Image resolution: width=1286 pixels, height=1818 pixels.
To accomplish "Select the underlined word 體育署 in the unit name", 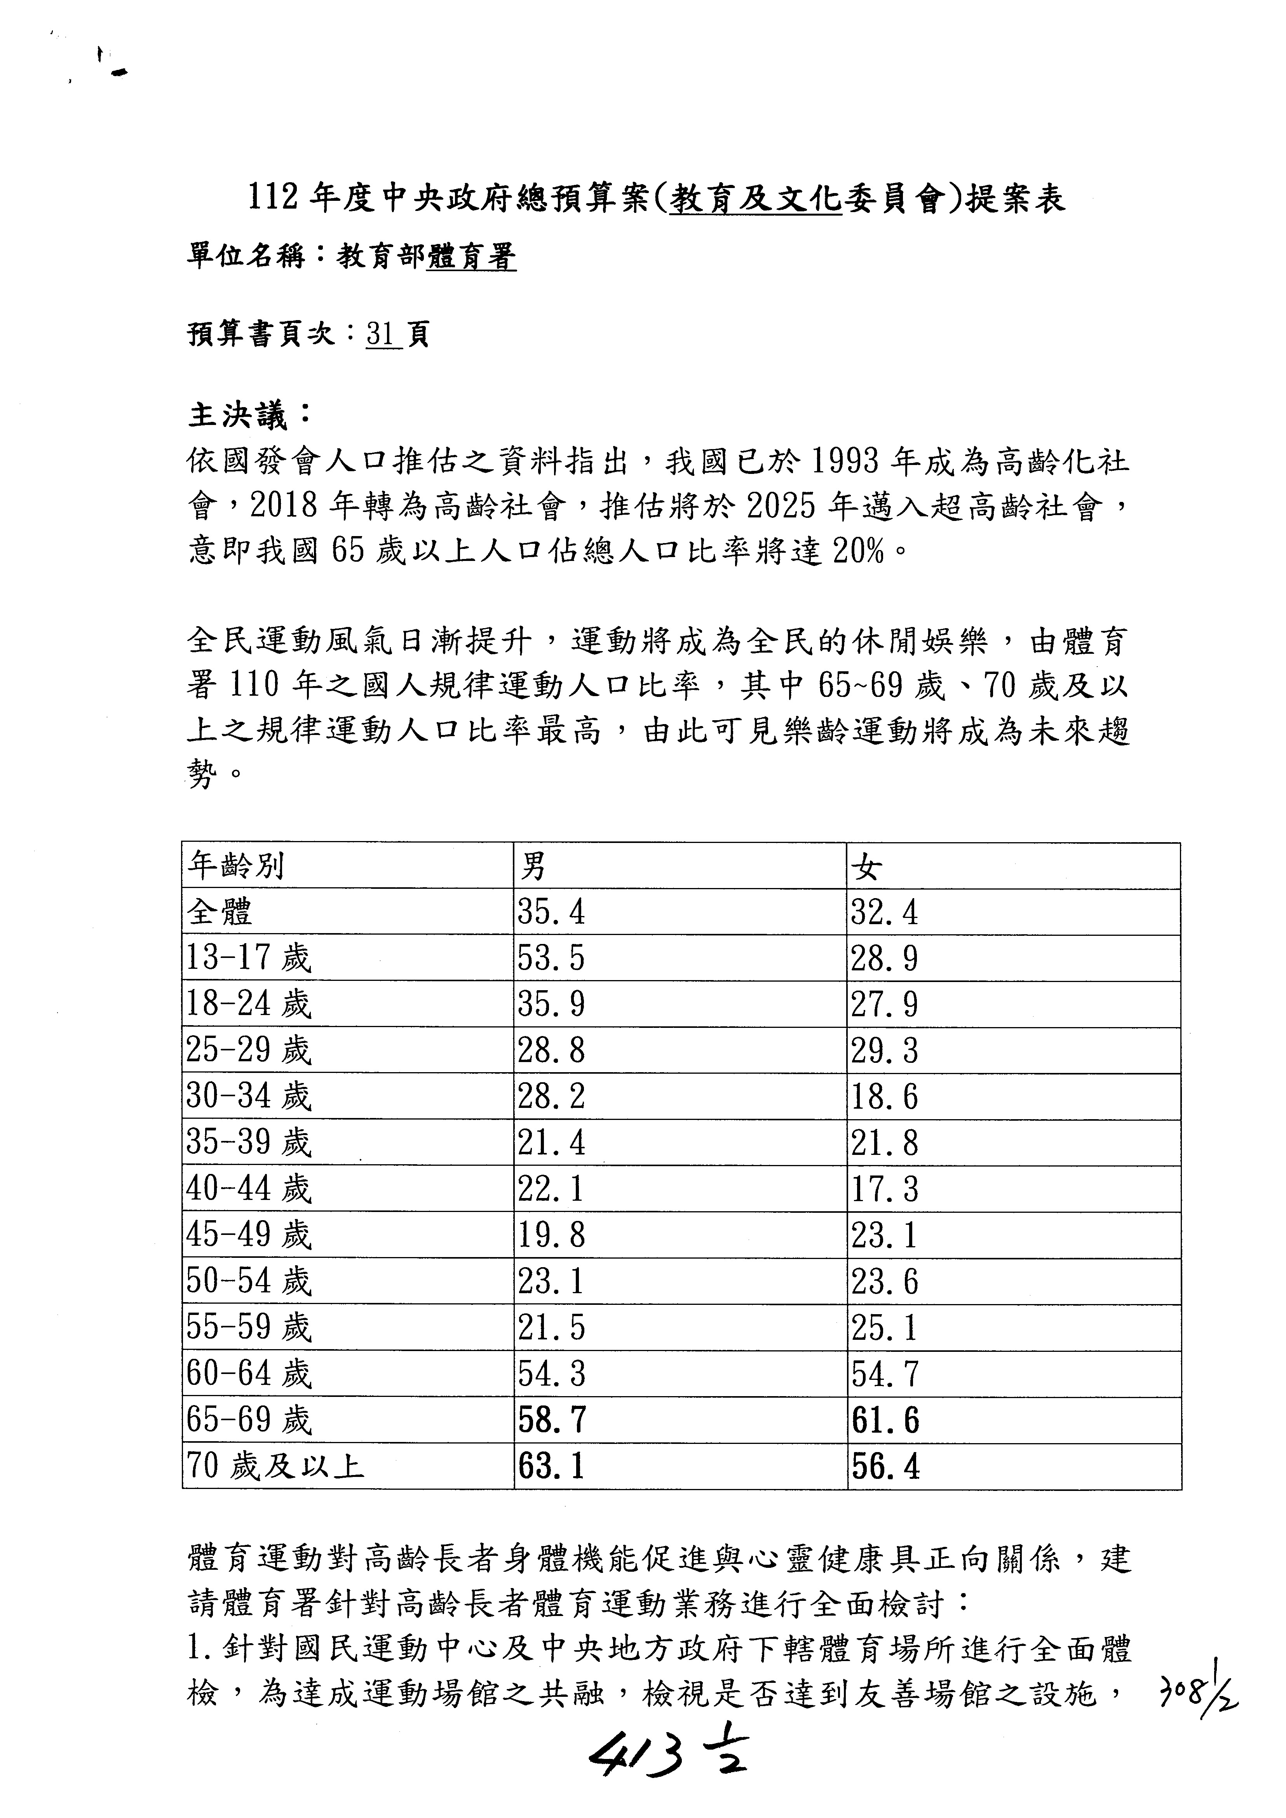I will [x=471, y=256].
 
